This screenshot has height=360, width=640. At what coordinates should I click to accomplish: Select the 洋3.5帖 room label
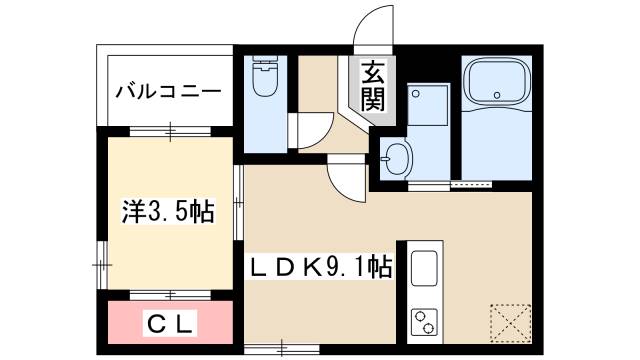pyautogui.click(x=168, y=212)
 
